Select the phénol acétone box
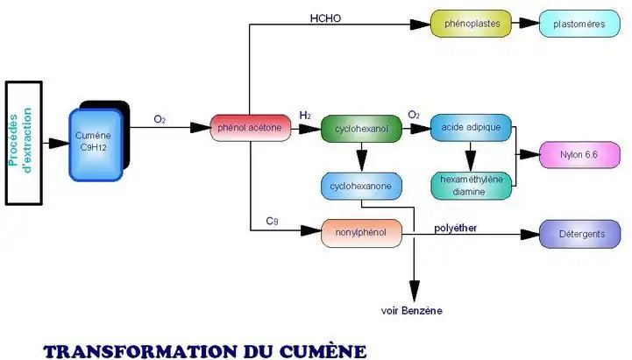tap(249, 128)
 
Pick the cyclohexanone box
tap(361, 187)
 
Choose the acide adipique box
tap(471, 128)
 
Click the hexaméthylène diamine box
tap(471, 185)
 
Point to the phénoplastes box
tap(472, 24)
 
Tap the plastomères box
tap(580, 24)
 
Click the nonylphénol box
tap(362, 233)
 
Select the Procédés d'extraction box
tap(25, 142)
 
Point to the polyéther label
tap(457, 228)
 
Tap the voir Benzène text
tap(412, 311)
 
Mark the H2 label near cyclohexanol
tap(305, 116)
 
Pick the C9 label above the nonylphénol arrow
tap(273, 221)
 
